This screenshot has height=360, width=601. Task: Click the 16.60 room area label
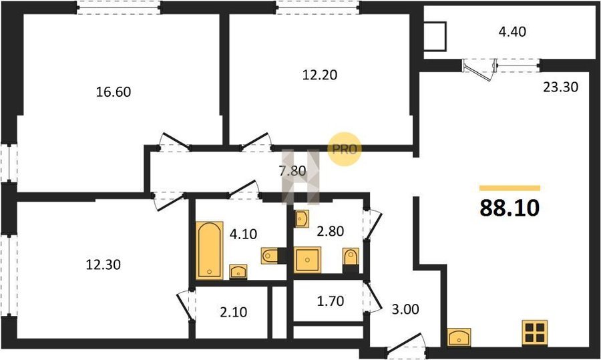(114, 92)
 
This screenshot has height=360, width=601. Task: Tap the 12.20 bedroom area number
(320, 75)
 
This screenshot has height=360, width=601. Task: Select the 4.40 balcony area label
(512, 31)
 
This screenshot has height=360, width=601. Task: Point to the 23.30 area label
(560, 87)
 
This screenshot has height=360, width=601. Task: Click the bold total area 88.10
(510, 208)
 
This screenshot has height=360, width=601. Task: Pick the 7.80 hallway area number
(292, 171)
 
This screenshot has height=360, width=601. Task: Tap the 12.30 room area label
(103, 264)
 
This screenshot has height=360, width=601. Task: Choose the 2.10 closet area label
(234, 312)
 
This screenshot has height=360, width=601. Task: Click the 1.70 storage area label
(331, 301)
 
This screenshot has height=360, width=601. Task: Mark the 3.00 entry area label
(405, 309)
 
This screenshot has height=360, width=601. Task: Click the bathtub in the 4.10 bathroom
(209, 250)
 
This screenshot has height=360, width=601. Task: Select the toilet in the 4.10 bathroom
(271, 256)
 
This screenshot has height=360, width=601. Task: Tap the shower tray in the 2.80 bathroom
(307, 260)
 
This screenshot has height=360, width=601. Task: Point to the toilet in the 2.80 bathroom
(351, 258)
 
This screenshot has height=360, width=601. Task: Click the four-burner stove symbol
(535, 333)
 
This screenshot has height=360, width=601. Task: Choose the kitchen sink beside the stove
(459, 337)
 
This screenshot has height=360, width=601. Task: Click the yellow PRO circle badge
(345, 149)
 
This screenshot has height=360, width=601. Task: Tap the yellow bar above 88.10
(510, 188)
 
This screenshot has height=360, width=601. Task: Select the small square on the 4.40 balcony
(435, 37)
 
